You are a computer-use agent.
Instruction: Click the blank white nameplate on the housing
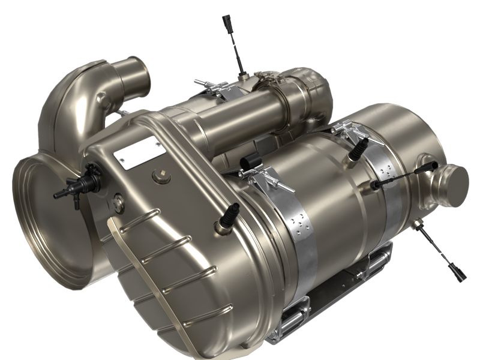point(135,152)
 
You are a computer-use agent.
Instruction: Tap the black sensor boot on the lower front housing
point(230,216)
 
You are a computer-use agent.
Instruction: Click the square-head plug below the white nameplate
point(159,176)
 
